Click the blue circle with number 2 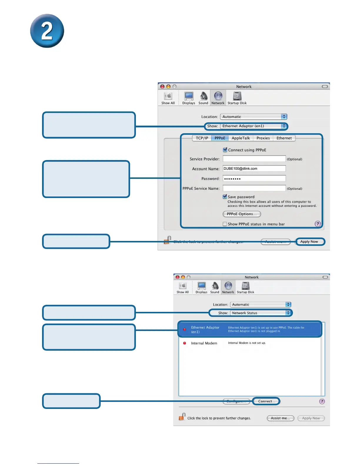coord(47,31)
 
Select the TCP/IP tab coord(202,138)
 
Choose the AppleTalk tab coord(241,138)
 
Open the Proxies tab coord(263,138)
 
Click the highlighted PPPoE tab coord(220,138)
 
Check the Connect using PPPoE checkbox coord(225,150)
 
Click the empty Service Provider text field coord(254,159)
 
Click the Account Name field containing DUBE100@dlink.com coord(254,169)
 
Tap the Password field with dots coord(254,179)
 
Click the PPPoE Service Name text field coord(254,188)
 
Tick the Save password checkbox coord(225,197)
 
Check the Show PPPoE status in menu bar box coord(225,224)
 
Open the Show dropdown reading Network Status coord(260,313)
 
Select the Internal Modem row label coord(204,343)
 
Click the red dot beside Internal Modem coord(185,343)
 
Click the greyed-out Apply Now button coord(311,418)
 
